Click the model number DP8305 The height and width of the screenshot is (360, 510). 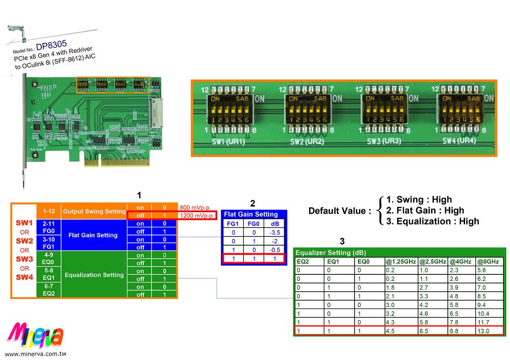click(x=51, y=46)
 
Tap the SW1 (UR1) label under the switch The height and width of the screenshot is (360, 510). click(x=228, y=141)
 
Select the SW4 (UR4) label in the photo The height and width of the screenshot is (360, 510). click(x=459, y=141)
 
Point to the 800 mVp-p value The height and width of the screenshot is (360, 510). click(x=194, y=208)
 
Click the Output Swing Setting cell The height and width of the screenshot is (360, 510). click(x=94, y=211)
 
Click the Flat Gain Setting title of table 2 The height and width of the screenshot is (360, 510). click(x=251, y=214)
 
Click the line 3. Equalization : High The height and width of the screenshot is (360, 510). click(x=432, y=221)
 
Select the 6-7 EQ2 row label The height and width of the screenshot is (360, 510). click(x=49, y=290)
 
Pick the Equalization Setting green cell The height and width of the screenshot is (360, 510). click(x=94, y=275)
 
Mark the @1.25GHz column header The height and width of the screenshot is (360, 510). click(x=400, y=262)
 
